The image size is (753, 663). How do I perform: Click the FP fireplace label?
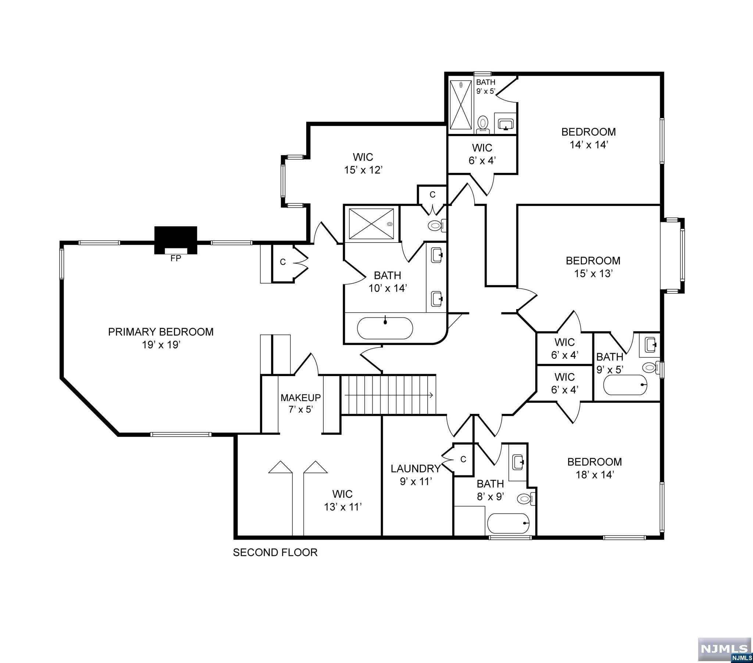pyautogui.click(x=176, y=259)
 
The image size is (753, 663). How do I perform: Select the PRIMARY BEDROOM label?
pyautogui.click(x=161, y=332)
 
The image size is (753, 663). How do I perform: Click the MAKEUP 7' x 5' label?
pyautogui.click(x=301, y=403)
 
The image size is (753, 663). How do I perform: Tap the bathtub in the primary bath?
pyautogui.click(x=385, y=328)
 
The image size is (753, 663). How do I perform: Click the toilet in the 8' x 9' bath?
pyautogui.click(x=525, y=499)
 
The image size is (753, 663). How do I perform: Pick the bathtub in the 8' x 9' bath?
pyautogui.click(x=508, y=523)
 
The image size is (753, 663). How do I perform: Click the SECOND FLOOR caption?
pyautogui.click(x=275, y=552)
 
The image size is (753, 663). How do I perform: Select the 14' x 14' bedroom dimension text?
pyautogui.click(x=588, y=145)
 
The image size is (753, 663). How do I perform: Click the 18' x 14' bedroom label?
pyautogui.click(x=594, y=468)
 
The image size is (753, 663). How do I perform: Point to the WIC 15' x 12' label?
pyautogui.click(x=363, y=163)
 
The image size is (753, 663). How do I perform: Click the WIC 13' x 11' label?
pyautogui.click(x=342, y=500)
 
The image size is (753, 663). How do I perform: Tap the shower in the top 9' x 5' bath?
pyautogui.click(x=460, y=105)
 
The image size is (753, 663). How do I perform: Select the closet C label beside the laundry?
pyautogui.click(x=463, y=459)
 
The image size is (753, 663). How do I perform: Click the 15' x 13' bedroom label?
pyautogui.click(x=593, y=267)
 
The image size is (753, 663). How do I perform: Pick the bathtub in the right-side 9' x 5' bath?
pyautogui.click(x=625, y=384)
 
